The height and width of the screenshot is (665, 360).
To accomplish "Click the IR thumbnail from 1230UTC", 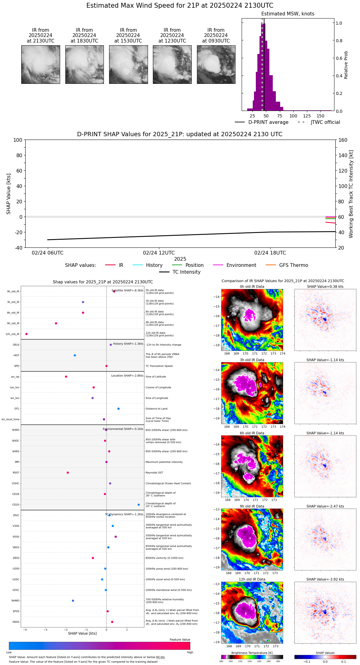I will (x=172, y=64).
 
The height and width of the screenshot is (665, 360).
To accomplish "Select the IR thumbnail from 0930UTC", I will (x=216, y=64).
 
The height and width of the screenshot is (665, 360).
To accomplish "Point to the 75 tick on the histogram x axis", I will (x=280, y=116).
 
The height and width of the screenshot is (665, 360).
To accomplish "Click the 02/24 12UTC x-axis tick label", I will (x=159, y=253).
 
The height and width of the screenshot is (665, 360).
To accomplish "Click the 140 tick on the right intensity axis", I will (x=343, y=155).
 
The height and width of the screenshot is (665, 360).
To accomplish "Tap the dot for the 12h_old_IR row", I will (x=27, y=334).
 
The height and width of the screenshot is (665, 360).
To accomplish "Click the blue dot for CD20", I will (x=139, y=505).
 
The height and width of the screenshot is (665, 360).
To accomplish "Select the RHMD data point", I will (x=73, y=601).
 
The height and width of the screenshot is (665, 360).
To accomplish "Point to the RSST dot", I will (x=68, y=473).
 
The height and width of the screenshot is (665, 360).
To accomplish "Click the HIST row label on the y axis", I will (x=16, y=356).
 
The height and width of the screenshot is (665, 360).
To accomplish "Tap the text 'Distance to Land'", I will (x=156, y=409).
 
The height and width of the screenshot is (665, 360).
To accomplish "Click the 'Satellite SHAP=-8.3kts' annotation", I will (x=127, y=291).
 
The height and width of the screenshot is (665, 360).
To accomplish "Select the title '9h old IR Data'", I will (x=252, y=506).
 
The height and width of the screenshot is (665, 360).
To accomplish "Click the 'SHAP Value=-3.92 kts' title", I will (x=325, y=580).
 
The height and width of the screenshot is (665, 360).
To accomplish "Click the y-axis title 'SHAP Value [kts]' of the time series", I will (x=9, y=194).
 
